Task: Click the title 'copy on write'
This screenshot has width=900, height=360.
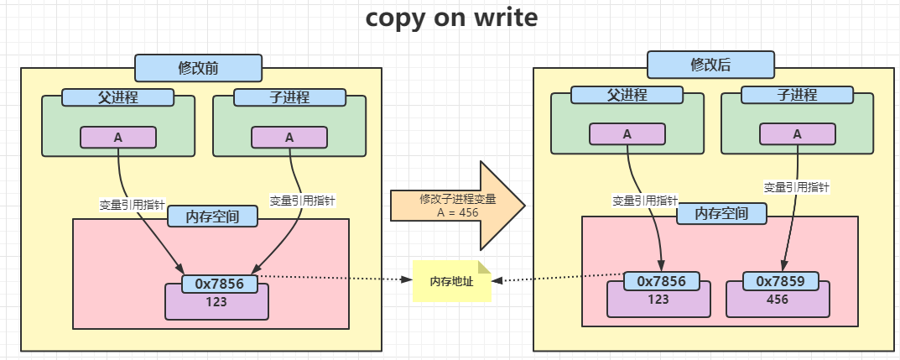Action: coord(450,18)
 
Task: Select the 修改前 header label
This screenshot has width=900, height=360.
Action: coord(198,67)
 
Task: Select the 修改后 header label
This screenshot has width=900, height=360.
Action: coord(710,64)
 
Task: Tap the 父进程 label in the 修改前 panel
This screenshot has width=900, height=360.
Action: coord(117,97)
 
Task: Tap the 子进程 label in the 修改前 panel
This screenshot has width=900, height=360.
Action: coord(289,97)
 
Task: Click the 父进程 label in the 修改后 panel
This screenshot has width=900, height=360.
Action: coord(627,94)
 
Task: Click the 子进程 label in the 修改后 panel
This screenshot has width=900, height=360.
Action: coord(797,95)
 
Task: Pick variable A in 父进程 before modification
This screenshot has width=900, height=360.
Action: coord(118,137)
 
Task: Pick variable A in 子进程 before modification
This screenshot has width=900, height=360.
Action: coord(289,137)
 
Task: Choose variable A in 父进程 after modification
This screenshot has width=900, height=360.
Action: coord(627,133)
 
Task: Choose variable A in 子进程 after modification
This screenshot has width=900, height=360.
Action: coord(797,133)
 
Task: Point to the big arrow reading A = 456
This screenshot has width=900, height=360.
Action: coord(457,206)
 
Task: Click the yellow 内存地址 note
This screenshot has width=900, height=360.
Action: coord(451,282)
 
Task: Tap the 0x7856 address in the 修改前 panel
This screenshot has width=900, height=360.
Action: coord(219,284)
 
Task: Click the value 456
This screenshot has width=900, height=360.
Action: coord(778,300)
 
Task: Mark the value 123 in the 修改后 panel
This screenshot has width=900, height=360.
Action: coord(658,300)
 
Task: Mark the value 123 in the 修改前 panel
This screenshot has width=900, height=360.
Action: coord(216,302)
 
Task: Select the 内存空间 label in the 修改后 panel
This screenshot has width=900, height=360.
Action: coord(721,214)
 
